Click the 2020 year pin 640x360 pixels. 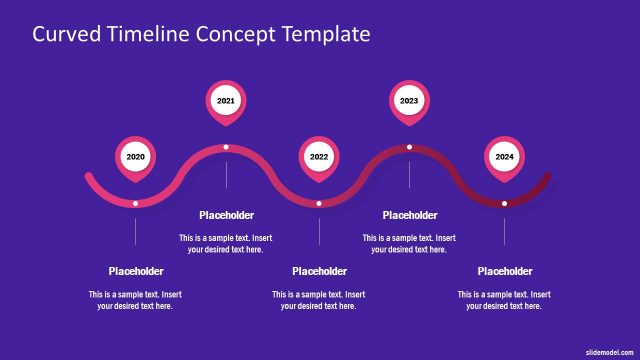click(x=136, y=157)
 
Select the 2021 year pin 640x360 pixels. click(x=226, y=101)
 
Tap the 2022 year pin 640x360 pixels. click(x=319, y=157)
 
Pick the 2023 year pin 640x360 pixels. click(x=409, y=101)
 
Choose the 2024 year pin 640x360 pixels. click(x=504, y=157)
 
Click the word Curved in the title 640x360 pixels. click(x=64, y=34)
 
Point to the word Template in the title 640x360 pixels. click(x=322, y=34)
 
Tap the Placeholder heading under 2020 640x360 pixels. click(x=136, y=271)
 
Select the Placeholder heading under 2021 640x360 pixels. click(x=226, y=215)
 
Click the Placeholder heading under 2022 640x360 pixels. click(x=319, y=271)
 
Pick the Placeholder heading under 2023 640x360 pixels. click(x=410, y=215)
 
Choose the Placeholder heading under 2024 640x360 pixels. click(x=504, y=271)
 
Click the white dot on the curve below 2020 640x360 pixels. click(x=136, y=204)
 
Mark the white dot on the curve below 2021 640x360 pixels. click(x=226, y=147)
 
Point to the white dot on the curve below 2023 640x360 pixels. click(x=409, y=147)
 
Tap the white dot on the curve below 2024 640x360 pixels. click(x=504, y=204)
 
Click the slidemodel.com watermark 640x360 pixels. click(x=610, y=353)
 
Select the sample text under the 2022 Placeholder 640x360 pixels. click(x=319, y=300)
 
